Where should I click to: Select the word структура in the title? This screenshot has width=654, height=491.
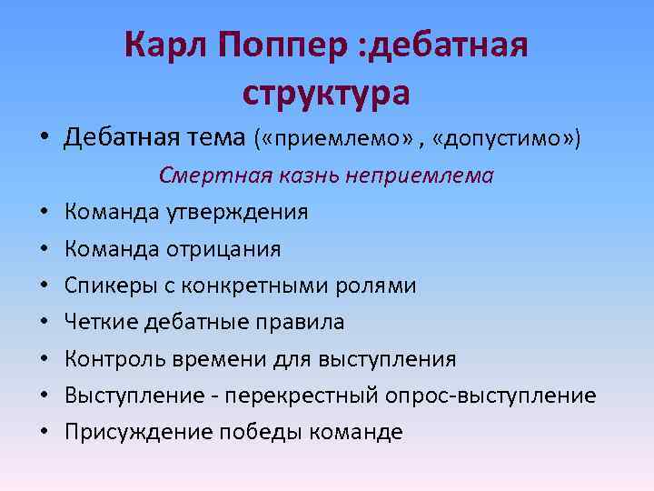pos(327,93)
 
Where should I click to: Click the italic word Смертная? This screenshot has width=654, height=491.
pos(204,175)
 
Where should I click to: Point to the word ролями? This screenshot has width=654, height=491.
pos(379,286)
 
